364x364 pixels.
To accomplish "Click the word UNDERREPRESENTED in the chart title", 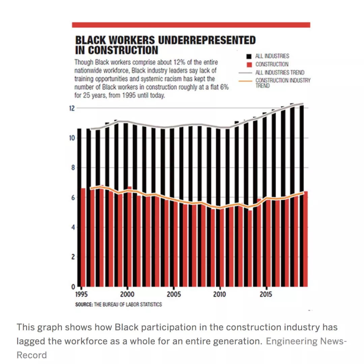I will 207,40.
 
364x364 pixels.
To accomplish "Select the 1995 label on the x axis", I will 81,294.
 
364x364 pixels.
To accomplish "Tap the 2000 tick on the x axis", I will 127,294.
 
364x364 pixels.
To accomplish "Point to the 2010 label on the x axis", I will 220,294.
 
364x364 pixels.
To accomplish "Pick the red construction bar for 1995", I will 83,237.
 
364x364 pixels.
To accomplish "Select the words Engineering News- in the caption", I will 306,341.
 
